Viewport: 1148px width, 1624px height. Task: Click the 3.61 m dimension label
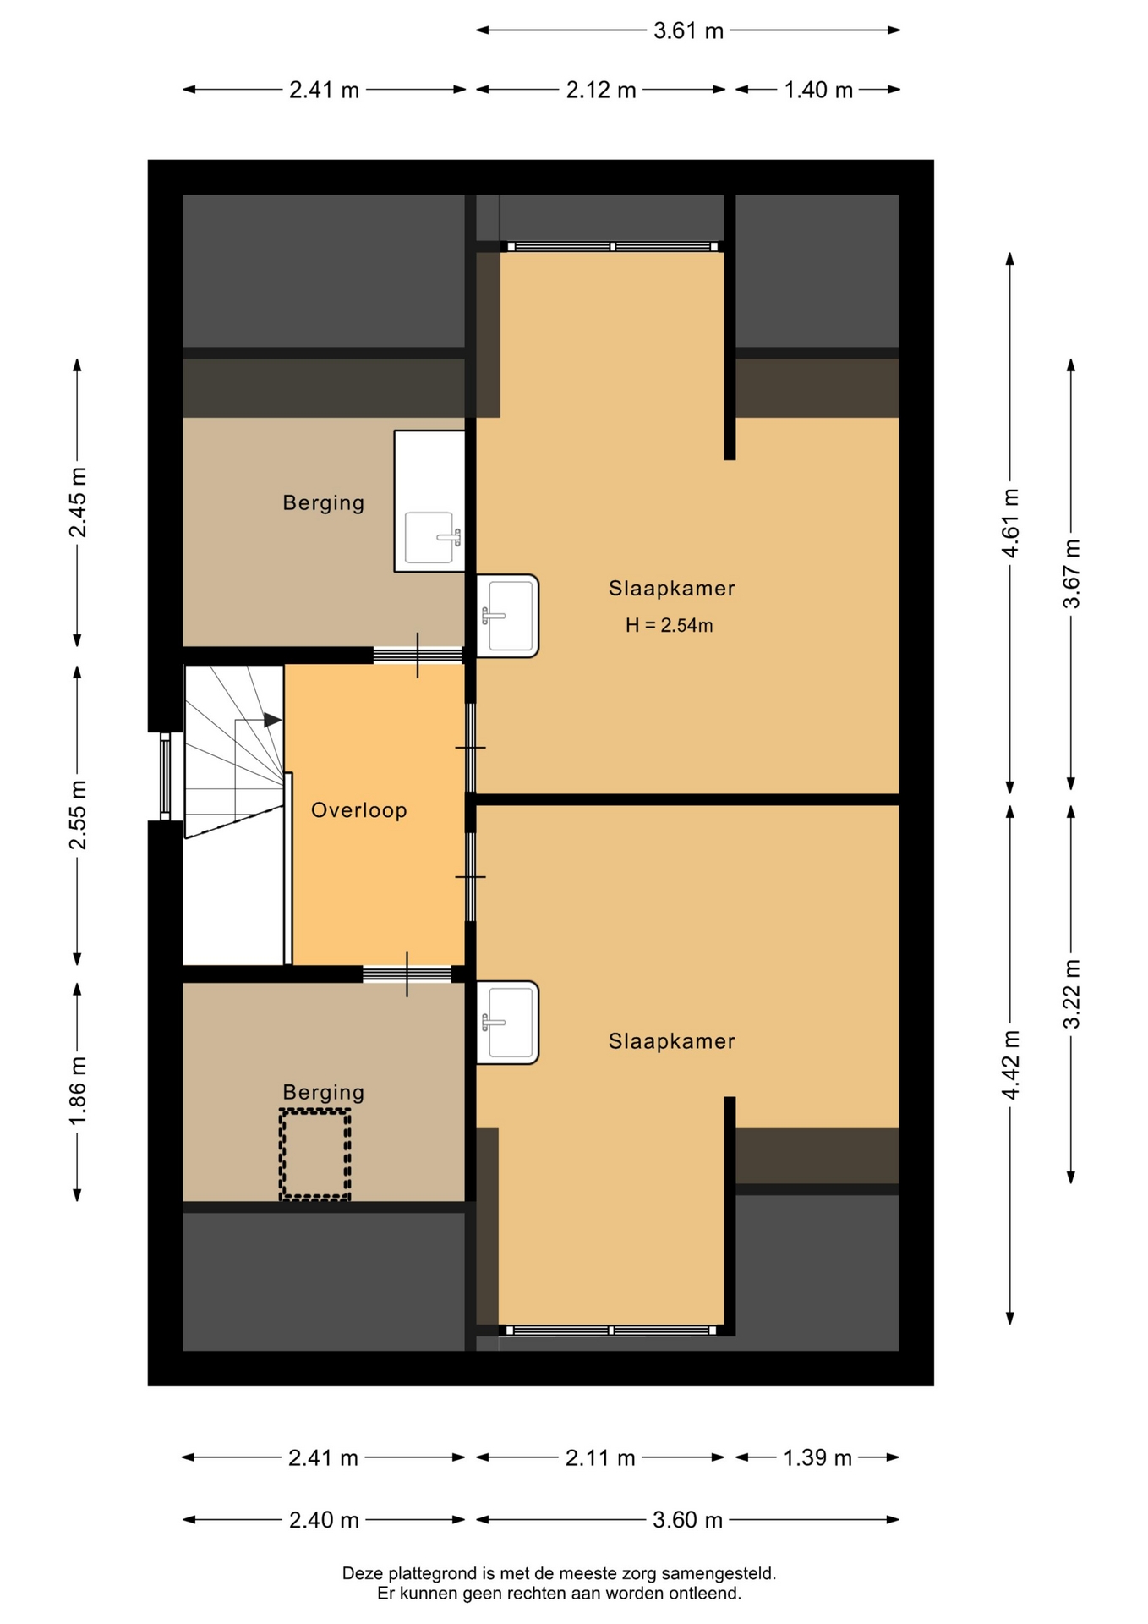pos(688,31)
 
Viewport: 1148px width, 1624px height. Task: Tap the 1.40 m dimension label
pos(818,90)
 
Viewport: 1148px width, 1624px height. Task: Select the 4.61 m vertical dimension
pos(1010,523)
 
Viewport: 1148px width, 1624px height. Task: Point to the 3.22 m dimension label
pos(1071,994)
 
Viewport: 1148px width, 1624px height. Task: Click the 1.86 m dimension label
pos(78,1092)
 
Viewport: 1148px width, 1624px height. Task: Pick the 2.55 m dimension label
pos(78,815)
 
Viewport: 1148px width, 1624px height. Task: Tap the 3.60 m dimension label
pos(687,1520)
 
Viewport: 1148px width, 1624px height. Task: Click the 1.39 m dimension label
pos(817,1457)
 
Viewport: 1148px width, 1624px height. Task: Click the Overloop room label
pos(359,810)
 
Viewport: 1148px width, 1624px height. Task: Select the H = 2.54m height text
pos(669,625)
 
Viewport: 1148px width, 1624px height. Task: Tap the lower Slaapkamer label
pos(672,1041)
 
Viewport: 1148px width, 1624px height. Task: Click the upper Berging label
pos(324,502)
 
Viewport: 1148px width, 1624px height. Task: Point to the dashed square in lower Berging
pos(315,1155)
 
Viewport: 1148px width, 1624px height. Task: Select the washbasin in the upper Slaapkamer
pos(507,616)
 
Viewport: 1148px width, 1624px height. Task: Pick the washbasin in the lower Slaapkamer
pos(507,1023)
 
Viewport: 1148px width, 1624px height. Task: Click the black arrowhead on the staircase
pos(272,720)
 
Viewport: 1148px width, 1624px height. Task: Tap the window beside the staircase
pos(166,776)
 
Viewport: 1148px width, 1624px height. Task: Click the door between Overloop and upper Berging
pos(418,655)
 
